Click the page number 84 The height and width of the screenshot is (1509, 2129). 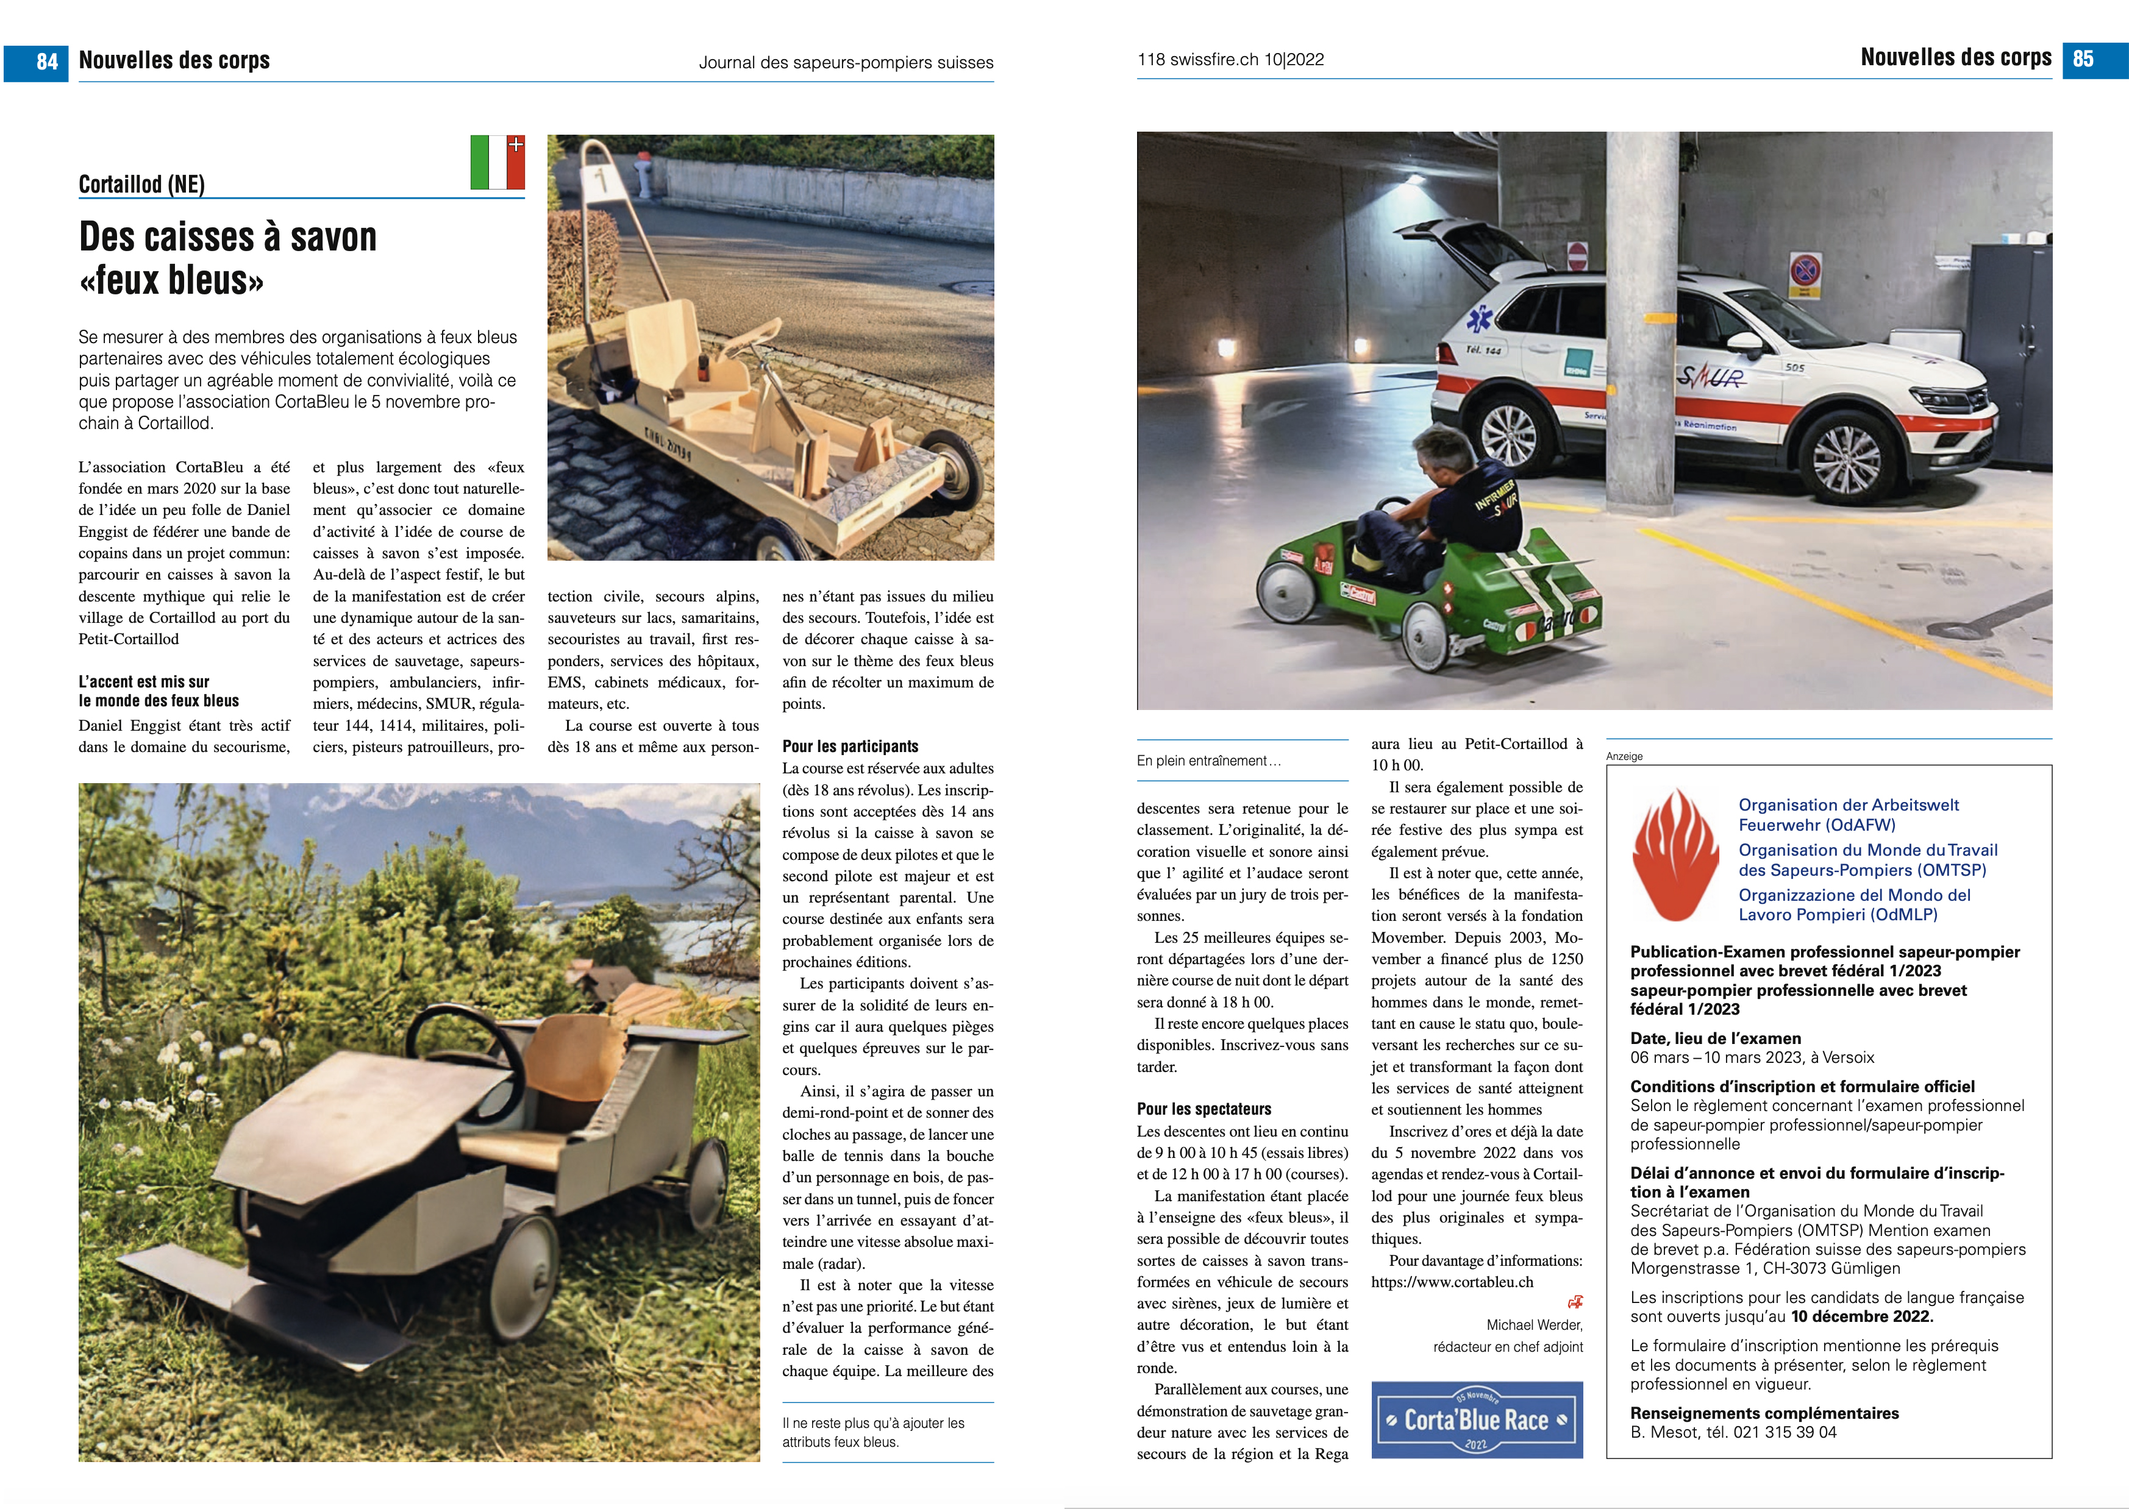pos(46,62)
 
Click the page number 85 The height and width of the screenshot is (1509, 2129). pos(2083,59)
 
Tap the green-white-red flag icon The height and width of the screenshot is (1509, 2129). pos(497,163)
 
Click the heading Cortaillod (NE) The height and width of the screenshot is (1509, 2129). pos(141,184)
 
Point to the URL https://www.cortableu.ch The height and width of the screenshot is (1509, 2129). pos(1452,1282)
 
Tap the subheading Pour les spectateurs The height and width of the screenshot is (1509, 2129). pos(1204,1109)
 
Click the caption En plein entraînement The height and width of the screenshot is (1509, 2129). pos(1208,761)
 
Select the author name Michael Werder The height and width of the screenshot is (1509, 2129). pos(1534,1325)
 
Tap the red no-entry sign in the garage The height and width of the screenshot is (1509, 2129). pos(1577,255)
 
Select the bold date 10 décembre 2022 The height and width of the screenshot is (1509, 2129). pos(1861,1316)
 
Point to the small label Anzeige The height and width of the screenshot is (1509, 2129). pos(1624,756)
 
